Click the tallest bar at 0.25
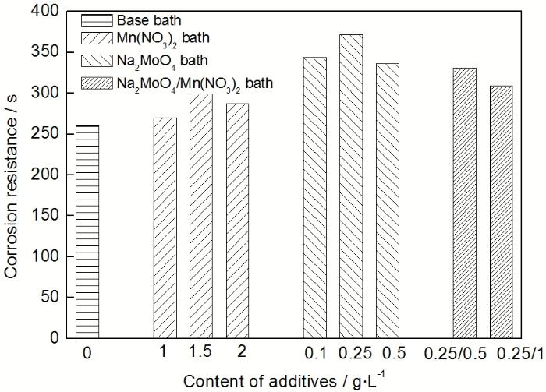pos(351,186)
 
